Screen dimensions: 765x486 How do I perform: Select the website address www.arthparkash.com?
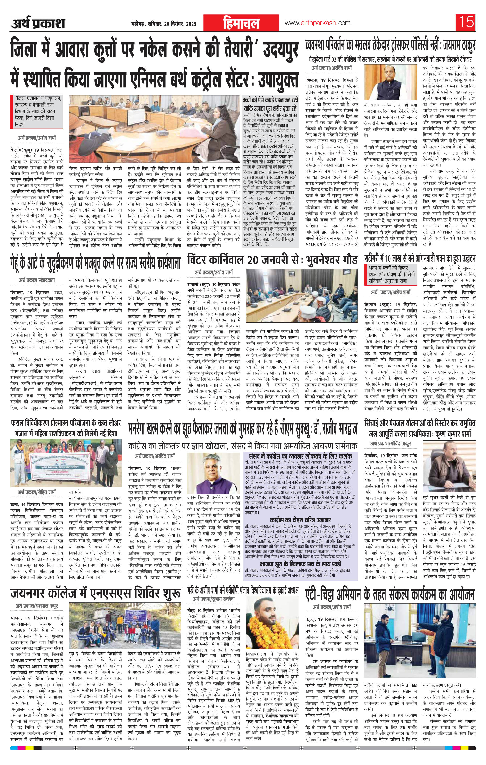[318, 23]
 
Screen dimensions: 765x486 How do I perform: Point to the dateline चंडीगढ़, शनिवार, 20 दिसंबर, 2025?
[163, 24]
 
